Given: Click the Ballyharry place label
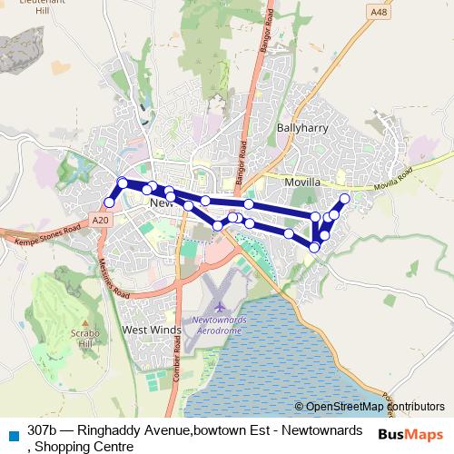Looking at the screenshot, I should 300,128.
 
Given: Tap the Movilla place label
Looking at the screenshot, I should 302,183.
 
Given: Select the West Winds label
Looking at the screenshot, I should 152,330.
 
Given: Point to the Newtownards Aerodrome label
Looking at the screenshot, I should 219,326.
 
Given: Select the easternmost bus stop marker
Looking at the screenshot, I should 344,198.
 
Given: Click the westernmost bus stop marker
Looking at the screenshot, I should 110,202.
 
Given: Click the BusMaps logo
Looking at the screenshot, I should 411,433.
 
